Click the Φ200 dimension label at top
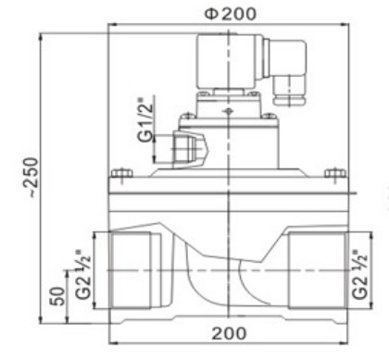(x=231, y=13)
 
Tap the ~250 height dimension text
(x=31, y=178)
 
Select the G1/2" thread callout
(x=145, y=119)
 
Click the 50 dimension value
(x=57, y=296)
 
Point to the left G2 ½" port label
(x=83, y=275)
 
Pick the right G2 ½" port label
(x=359, y=275)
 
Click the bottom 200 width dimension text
(x=229, y=333)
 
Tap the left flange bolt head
(x=122, y=173)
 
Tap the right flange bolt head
(x=335, y=173)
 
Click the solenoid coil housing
(x=230, y=62)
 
